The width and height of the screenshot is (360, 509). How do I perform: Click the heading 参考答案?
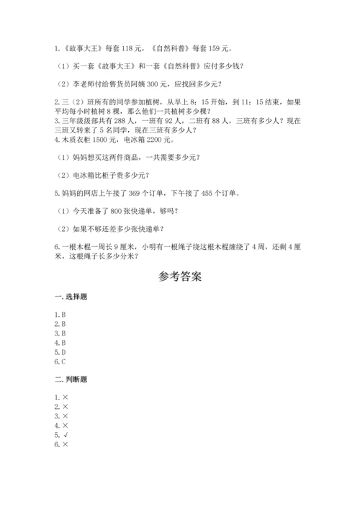tap(179, 276)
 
